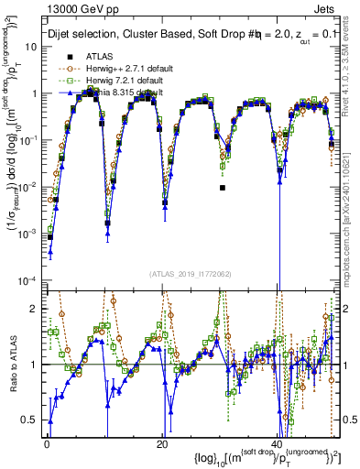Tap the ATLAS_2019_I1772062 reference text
pyautogui.click(x=190, y=274)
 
